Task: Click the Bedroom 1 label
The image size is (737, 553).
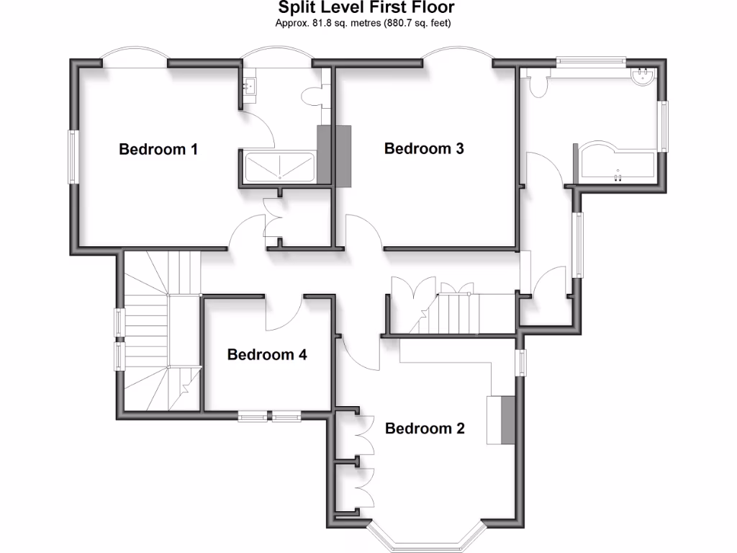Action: point(158,150)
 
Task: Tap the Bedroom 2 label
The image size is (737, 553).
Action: point(425,428)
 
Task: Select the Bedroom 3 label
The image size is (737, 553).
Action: point(424,149)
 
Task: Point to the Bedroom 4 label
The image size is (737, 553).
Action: point(267,354)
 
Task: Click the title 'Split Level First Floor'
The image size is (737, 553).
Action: point(367,8)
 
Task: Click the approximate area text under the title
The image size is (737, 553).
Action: point(367,22)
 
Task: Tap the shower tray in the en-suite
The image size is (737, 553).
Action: point(279,167)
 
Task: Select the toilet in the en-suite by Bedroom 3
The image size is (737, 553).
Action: point(312,96)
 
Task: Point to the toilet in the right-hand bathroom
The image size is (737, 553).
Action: point(536,86)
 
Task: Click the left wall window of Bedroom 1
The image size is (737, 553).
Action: point(73,156)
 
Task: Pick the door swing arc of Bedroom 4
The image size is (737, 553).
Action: point(284,313)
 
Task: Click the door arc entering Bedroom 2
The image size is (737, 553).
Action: point(360,353)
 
